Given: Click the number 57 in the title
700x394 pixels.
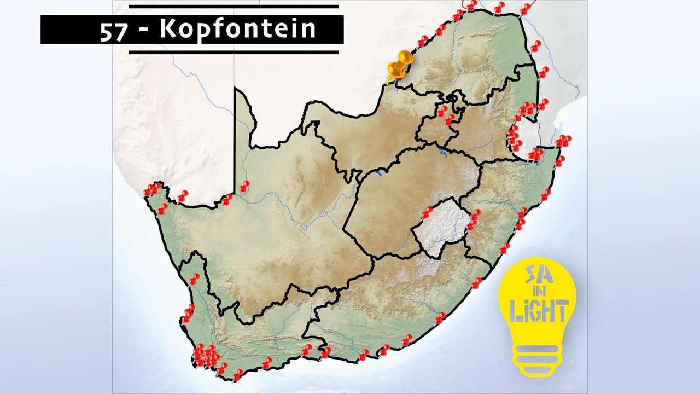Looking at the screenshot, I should click(114, 30).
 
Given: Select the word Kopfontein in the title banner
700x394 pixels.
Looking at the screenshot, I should click(238, 30).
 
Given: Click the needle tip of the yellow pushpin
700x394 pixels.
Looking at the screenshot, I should click(387, 83).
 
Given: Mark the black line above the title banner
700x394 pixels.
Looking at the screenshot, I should click(234, 7).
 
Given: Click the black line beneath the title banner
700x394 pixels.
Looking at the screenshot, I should click(234, 52).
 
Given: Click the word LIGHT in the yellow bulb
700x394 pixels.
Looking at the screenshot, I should click(539, 311).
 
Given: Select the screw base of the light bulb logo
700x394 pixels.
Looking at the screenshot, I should click(538, 358).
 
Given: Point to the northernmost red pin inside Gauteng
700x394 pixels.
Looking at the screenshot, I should click(442, 111).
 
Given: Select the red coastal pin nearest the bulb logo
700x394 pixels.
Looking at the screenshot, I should click(477, 282).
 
